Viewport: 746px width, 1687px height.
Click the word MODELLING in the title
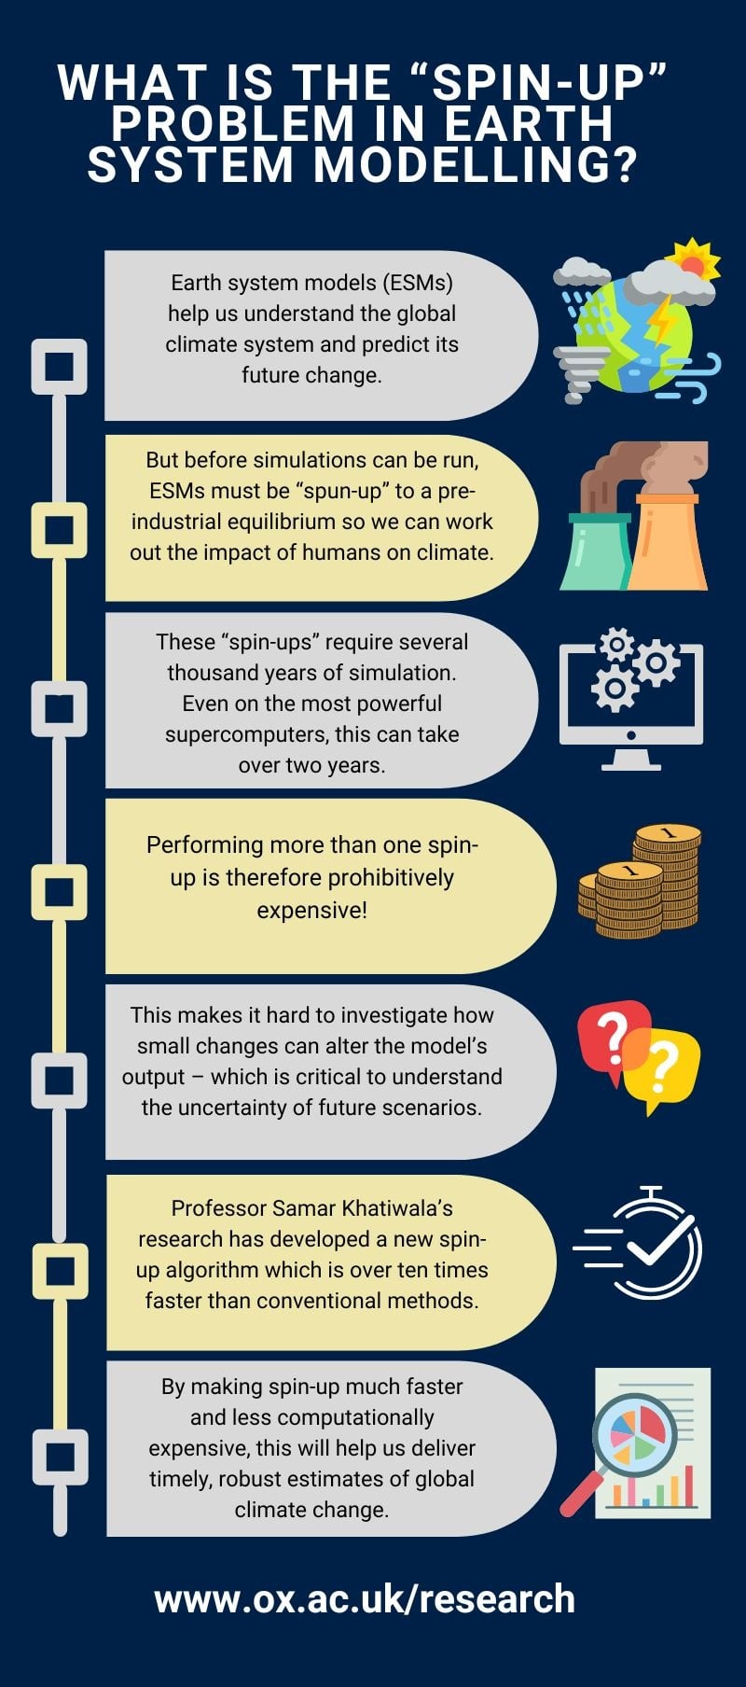tap(475, 165)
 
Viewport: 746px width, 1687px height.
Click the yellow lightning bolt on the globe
tap(660, 320)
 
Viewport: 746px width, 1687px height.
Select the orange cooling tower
tap(667, 546)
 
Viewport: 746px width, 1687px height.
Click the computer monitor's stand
tap(631, 760)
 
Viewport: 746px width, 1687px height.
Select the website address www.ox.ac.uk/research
tap(365, 1598)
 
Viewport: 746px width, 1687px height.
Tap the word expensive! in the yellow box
tap(312, 910)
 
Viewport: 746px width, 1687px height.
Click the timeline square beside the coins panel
tap(60, 891)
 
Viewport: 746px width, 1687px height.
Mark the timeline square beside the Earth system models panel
tap(60, 365)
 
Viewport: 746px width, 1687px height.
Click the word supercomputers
tap(244, 734)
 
